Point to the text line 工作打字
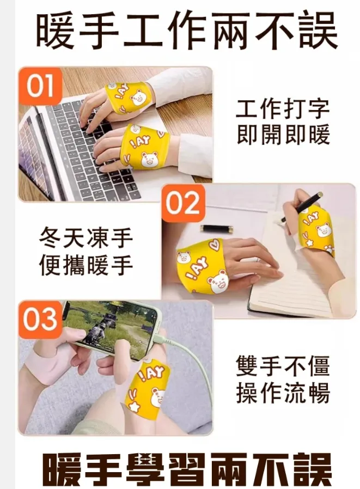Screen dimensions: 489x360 click(x=283, y=109)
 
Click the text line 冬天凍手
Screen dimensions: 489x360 click(x=86, y=239)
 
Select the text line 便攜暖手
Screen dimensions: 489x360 click(x=86, y=265)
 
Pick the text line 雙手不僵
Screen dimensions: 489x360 click(x=283, y=365)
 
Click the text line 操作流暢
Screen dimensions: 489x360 click(x=283, y=393)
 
